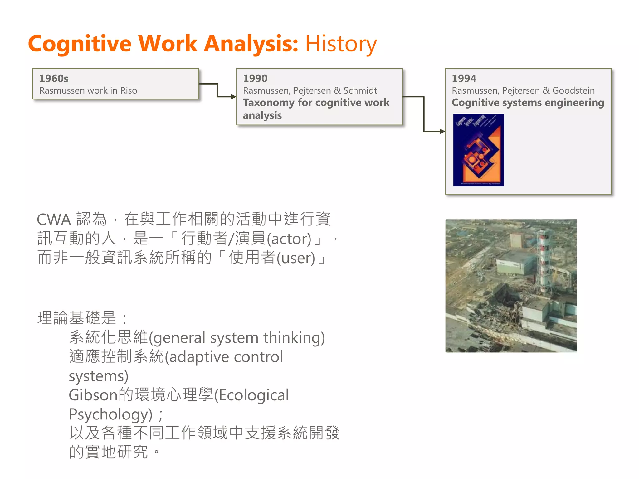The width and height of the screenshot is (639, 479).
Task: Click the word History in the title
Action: pyautogui.click(x=341, y=44)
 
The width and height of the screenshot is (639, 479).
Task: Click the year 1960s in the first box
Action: pyautogui.click(x=54, y=78)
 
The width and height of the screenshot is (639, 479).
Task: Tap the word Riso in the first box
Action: pyautogui.click(x=129, y=90)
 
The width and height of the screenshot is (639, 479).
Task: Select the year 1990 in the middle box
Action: pyautogui.click(x=255, y=78)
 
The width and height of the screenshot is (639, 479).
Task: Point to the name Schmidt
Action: pyautogui.click(x=360, y=90)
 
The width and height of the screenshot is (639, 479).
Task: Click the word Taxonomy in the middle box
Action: pyautogui.click(x=269, y=103)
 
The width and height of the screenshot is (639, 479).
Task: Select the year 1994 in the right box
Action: pyautogui.click(x=464, y=78)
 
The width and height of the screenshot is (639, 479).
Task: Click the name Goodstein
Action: pyautogui.click(x=573, y=90)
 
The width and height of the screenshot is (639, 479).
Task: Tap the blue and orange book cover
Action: pyautogui.click(x=478, y=150)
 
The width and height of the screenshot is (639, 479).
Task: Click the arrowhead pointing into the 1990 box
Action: pyautogui.click(x=233, y=97)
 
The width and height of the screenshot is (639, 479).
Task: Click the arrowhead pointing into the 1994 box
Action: pyautogui.click(x=442, y=131)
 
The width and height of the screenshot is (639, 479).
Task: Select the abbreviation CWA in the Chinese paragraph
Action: pyautogui.click(x=54, y=219)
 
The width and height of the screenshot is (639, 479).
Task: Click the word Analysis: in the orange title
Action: pyautogui.click(x=251, y=43)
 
